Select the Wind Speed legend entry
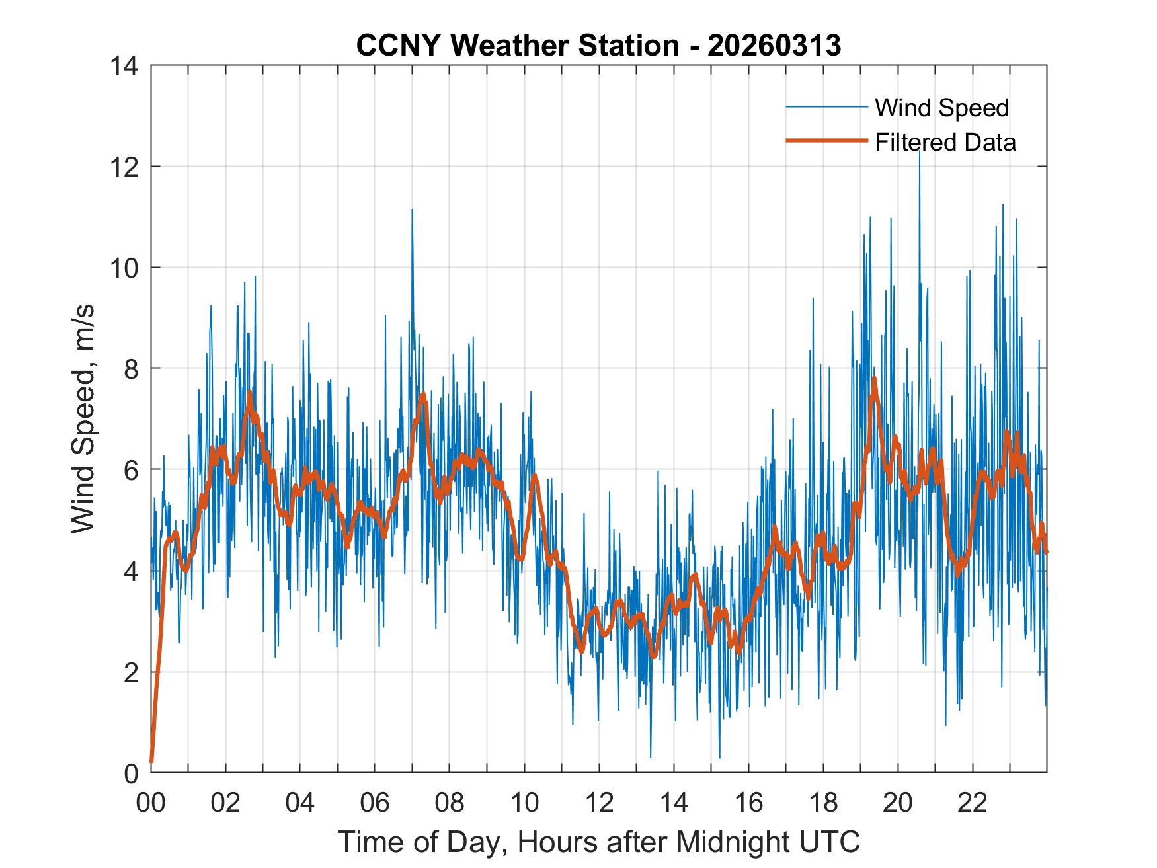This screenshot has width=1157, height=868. pyautogui.click(x=941, y=108)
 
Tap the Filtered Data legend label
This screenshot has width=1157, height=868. pyautogui.click(x=945, y=142)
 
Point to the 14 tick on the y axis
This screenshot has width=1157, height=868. pyautogui.click(x=125, y=66)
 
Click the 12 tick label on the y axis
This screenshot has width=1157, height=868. pyautogui.click(x=125, y=167)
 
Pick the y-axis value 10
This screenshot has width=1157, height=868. pyautogui.click(x=125, y=268)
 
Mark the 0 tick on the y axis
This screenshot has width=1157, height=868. pyautogui.click(x=132, y=773)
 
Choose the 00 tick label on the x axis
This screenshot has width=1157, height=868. pyautogui.click(x=151, y=803)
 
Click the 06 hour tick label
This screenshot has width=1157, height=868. pyautogui.click(x=375, y=803)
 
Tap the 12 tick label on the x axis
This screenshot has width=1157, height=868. pyautogui.click(x=599, y=803)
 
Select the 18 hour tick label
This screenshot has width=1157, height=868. pyautogui.click(x=823, y=803)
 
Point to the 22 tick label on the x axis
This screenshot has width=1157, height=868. pyautogui.click(x=973, y=803)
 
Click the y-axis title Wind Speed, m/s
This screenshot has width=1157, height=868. pyautogui.click(x=84, y=419)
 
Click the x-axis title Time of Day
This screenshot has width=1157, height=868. pyautogui.click(x=598, y=842)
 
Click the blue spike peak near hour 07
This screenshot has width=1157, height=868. pyautogui.click(x=412, y=210)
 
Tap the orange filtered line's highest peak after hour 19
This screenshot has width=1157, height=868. pyautogui.click(x=874, y=379)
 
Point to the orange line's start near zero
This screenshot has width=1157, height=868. pyautogui.click(x=152, y=762)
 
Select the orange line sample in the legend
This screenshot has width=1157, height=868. pyautogui.click(x=826, y=141)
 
